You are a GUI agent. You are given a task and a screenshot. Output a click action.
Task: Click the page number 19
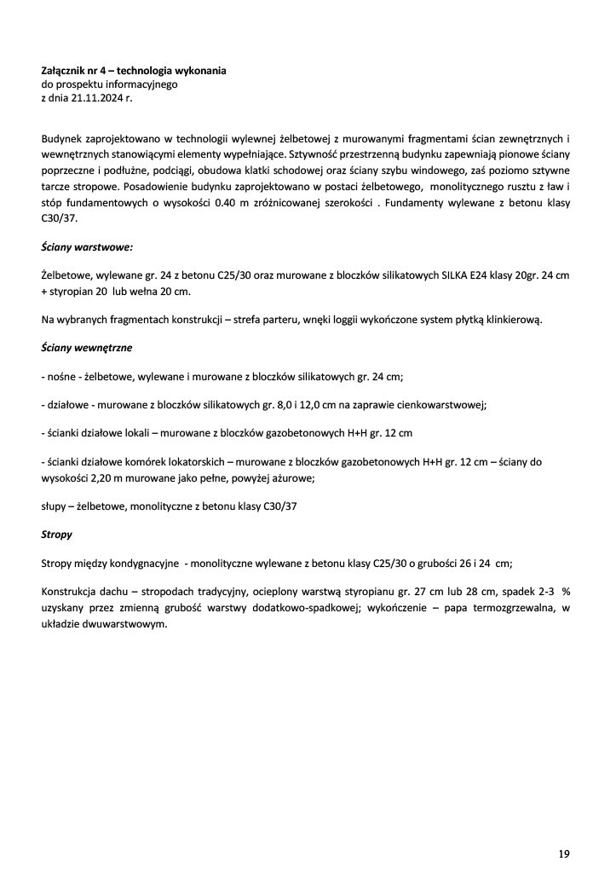pos(564,853)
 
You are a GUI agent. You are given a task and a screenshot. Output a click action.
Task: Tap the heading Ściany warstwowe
pos(86,247)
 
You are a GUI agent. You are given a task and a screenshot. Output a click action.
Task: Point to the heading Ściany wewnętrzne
pos(86,348)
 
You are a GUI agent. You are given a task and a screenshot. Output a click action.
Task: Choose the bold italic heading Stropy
pos(57,535)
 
